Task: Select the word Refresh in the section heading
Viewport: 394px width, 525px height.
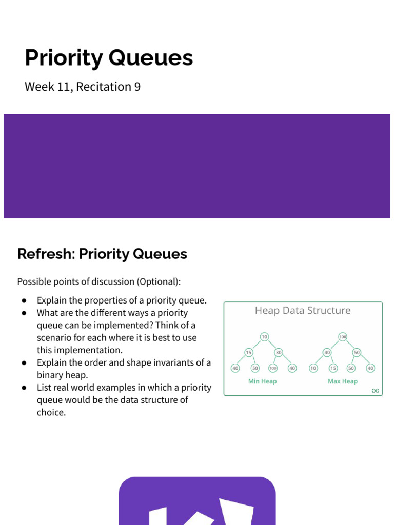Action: pyautogui.click(x=45, y=254)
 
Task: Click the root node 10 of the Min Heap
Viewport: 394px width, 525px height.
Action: pyautogui.click(x=264, y=337)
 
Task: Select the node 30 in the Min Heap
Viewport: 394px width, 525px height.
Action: pyautogui.click(x=279, y=353)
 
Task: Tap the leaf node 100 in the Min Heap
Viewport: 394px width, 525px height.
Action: pyautogui.click(x=272, y=368)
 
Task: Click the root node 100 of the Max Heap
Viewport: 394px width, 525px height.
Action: pyautogui.click(x=343, y=337)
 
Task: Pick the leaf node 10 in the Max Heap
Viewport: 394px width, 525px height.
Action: pyautogui.click(x=313, y=368)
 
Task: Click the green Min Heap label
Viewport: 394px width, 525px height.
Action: pyautogui.click(x=262, y=381)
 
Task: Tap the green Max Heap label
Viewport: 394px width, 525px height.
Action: pyautogui.click(x=343, y=381)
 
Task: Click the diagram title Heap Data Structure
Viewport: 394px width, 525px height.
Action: pyautogui.click(x=303, y=311)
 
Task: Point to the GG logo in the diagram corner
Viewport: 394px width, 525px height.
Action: pyautogui.click(x=376, y=391)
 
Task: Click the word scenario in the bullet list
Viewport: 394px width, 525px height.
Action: pyautogui.click(x=56, y=338)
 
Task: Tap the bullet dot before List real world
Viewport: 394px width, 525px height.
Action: pyautogui.click(x=24, y=388)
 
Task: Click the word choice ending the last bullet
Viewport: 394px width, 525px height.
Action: pyautogui.click(x=51, y=412)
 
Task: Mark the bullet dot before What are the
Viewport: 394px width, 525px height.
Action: pyautogui.click(x=24, y=313)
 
